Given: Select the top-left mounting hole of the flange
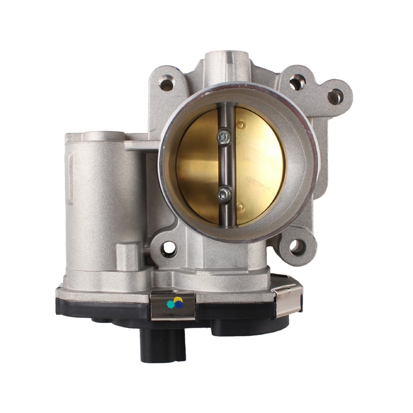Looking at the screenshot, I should pos(166,84).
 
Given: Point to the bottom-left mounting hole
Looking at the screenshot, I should pos(169,249).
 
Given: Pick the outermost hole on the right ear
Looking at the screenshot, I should pos(335,97).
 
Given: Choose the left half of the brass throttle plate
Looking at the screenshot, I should pos(198,165).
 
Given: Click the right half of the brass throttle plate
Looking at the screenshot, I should pos(258,165).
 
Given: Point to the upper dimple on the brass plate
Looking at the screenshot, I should pos(240,125).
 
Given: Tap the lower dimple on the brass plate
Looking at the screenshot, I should pos(240,208).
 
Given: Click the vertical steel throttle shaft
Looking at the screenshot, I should pos(226,165).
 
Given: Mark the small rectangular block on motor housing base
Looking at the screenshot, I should pos(128,256).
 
